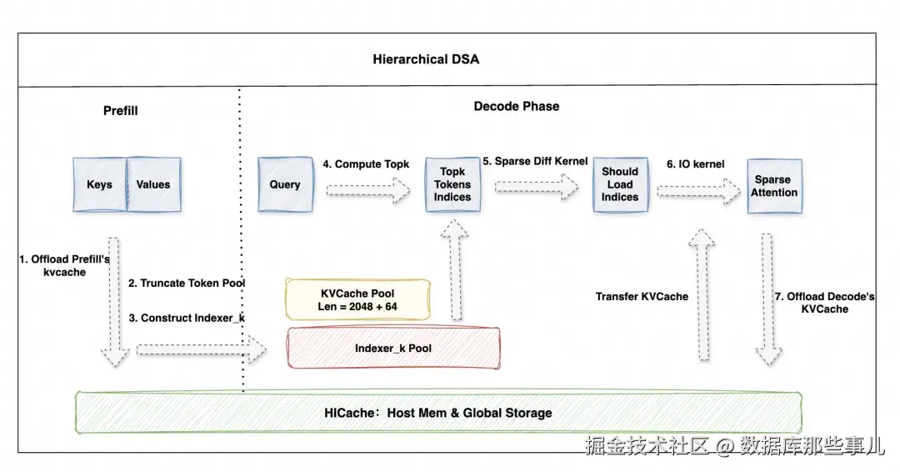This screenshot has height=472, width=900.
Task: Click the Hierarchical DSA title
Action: pyautogui.click(x=426, y=59)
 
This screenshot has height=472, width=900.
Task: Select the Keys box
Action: pyautogui.click(x=100, y=184)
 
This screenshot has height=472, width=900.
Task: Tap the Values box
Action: pyautogui.click(x=154, y=184)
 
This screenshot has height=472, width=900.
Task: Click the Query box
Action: pyautogui.click(x=285, y=184)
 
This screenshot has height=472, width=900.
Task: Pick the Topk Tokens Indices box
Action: pyautogui.click(x=452, y=184)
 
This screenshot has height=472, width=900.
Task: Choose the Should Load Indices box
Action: pyautogui.click(x=621, y=184)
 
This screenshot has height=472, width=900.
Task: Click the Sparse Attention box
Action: pyautogui.click(x=774, y=186)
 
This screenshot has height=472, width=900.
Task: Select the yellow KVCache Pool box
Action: pyautogui.click(x=357, y=299)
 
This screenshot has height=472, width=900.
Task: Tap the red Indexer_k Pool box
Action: pyautogui.click(x=393, y=348)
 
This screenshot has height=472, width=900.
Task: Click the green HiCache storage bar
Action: pyautogui.click(x=438, y=412)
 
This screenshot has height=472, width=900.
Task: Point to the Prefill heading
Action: pyautogui.click(x=121, y=110)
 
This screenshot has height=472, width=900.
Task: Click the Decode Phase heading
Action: pyautogui.click(x=517, y=106)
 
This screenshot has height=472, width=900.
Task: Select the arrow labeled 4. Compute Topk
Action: pyautogui.click(x=368, y=190)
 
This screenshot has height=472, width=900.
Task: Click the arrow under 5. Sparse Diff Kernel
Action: pyautogui.click(x=537, y=186)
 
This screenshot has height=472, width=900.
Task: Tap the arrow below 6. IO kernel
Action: pyautogui.click(x=699, y=191)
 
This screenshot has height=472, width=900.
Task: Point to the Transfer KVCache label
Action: pyautogui.click(x=642, y=296)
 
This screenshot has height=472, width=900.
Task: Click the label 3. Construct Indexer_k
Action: pyautogui.click(x=187, y=318)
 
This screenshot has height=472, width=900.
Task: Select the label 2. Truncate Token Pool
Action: pyautogui.click(x=187, y=283)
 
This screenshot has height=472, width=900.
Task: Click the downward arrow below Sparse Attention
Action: pyautogui.click(x=768, y=299)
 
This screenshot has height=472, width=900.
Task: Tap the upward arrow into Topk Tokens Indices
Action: pyautogui.click(x=456, y=270)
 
